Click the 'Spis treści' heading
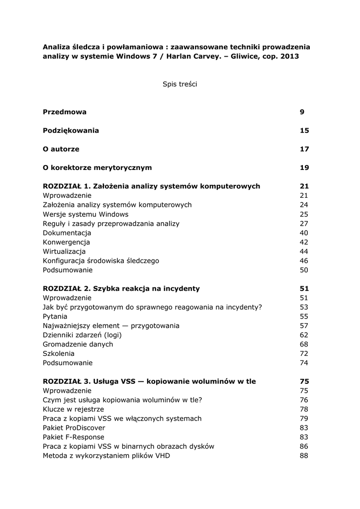coord(180,85)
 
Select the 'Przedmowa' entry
coord(65,112)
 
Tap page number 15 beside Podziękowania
coord(304,130)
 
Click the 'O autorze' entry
coord(61,149)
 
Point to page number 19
coord(304,168)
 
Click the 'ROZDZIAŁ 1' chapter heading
coord(152,186)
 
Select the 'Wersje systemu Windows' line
coord(86,214)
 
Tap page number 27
coord(304,224)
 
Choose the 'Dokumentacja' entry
coord(67,233)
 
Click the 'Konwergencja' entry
coord(67,242)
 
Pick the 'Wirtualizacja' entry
coord(64,252)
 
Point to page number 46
coord(304,260)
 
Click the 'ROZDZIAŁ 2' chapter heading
coord(121,288)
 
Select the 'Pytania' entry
coord(55,316)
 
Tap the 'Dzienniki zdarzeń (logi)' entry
coord(82,335)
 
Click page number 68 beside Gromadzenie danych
coord(304,344)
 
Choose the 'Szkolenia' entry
coord(59,353)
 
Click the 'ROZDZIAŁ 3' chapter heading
coord(149,381)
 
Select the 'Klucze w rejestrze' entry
coord(74,409)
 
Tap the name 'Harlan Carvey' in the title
coord(192,57)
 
